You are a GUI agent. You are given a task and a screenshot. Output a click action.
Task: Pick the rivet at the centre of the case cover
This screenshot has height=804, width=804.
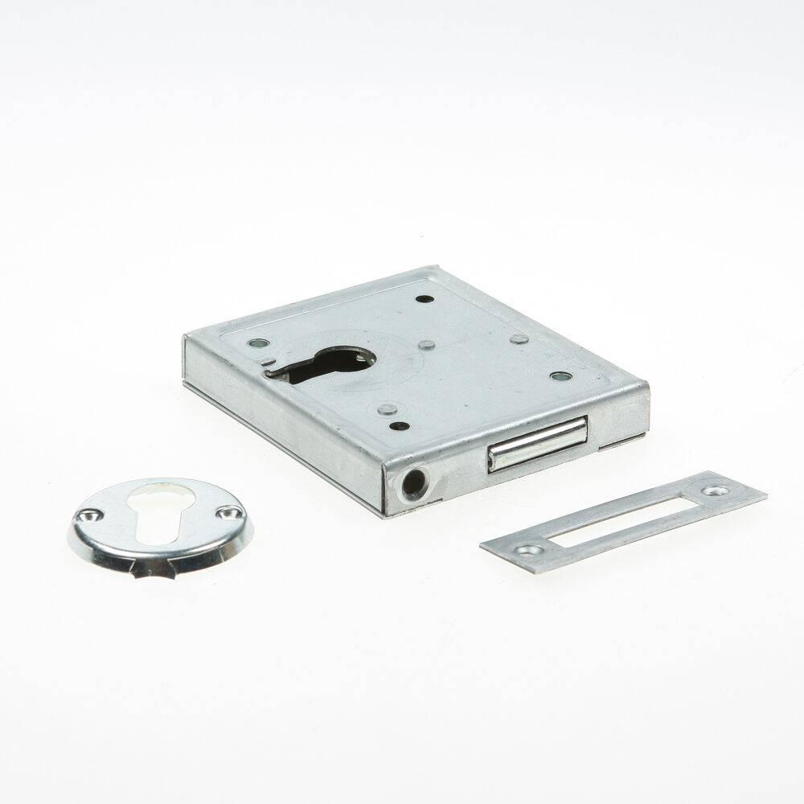point(427,345)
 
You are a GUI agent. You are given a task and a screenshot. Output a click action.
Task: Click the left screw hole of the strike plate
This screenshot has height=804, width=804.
point(528,551)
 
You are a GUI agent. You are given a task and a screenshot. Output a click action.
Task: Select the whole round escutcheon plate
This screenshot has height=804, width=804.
point(157,531)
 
